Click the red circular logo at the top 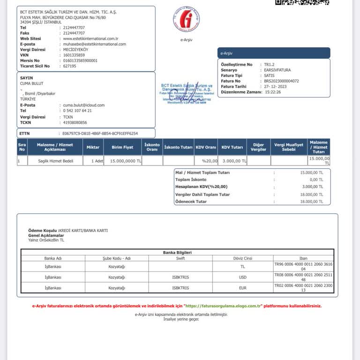(187, 19)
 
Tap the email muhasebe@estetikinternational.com (94, 44)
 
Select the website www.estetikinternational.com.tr (90, 38)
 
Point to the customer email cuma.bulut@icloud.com (84, 105)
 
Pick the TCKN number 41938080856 (75, 122)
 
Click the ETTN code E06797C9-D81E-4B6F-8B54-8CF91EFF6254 (100, 134)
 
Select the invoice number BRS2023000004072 (281, 81)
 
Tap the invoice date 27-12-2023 (278, 87)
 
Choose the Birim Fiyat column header (122, 147)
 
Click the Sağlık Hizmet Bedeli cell (55, 161)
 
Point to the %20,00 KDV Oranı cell (206, 161)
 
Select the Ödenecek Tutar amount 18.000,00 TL (312, 202)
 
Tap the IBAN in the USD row (303, 277)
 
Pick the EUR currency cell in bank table (242, 288)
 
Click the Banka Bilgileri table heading (177, 252)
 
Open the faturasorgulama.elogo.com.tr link (223, 306)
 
